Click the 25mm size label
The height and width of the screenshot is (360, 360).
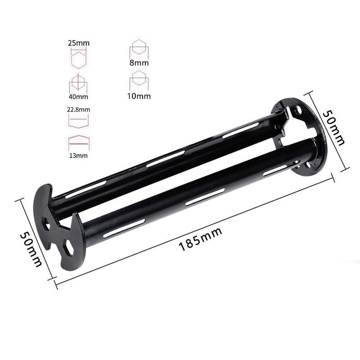(x=78, y=43)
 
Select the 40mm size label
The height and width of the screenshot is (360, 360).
(x=78, y=96)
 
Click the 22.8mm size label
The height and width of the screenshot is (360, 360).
(x=78, y=109)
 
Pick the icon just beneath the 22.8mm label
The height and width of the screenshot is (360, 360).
(x=78, y=120)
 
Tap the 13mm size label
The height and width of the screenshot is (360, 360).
(x=78, y=156)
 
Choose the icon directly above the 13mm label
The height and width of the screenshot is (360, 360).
(x=78, y=143)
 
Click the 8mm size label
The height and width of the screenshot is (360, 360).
(x=139, y=63)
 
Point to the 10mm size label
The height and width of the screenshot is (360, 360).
(x=139, y=95)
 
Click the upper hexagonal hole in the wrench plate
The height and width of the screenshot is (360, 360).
(x=46, y=223)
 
